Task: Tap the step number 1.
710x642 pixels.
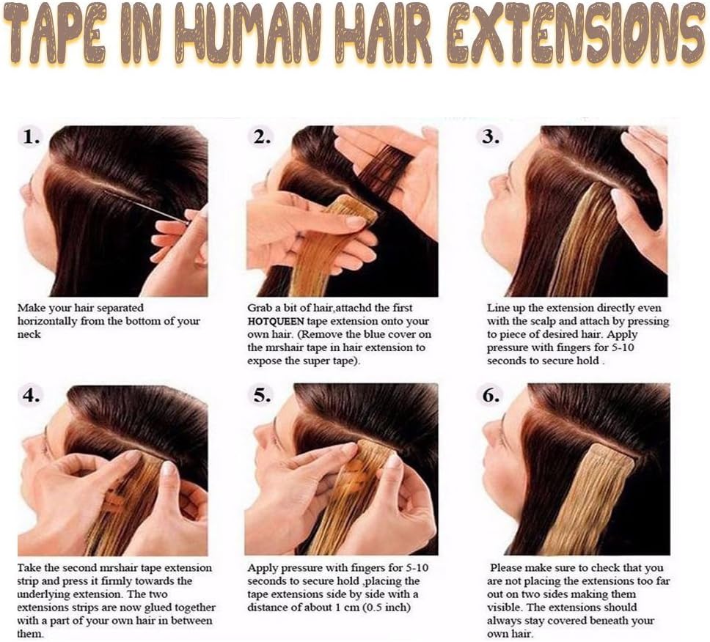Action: tap(31, 136)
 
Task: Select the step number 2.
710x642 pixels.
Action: tap(262, 136)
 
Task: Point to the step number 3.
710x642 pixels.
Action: tap(491, 136)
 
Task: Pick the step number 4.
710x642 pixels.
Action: tap(31, 396)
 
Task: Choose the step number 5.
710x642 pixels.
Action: tap(262, 396)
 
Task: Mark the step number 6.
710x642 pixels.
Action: tap(491, 396)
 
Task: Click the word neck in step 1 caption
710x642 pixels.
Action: tap(29, 335)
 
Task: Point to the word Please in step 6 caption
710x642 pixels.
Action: tap(507, 568)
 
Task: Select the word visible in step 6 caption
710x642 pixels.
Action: tap(502, 607)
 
